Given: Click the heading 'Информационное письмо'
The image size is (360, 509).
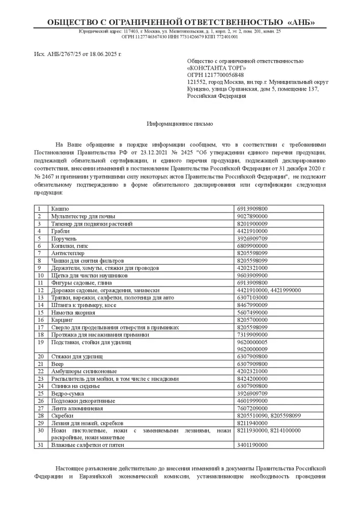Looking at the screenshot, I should click(x=180, y=124).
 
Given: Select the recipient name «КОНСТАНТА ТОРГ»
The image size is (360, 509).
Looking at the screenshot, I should click(x=217, y=68).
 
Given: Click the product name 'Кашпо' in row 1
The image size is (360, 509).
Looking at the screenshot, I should click(x=59, y=209).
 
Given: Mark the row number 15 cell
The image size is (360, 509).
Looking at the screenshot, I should click(x=40, y=313).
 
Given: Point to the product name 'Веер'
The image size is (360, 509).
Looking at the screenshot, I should click(x=57, y=364).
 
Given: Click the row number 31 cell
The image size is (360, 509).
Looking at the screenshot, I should click(x=40, y=445).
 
